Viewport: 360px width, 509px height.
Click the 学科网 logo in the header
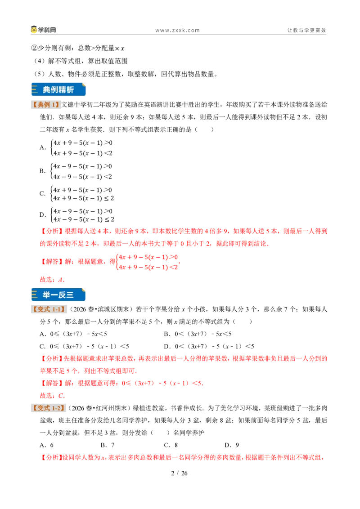click(x=44, y=30)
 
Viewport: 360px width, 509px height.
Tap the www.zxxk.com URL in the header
click(x=177, y=30)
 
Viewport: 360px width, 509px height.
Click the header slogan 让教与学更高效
click(x=306, y=30)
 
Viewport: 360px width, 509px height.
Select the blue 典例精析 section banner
click(x=58, y=89)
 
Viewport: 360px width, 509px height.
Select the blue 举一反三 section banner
click(x=58, y=295)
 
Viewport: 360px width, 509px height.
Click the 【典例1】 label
click(x=46, y=104)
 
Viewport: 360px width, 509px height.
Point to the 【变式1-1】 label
click(x=49, y=309)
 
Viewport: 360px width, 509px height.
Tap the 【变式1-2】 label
click(x=49, y=408)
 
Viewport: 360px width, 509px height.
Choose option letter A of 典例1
click(x=43, y=147)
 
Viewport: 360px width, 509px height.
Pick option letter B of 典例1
click(x=43, y=171)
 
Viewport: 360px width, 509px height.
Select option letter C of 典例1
click(x=43, y=194)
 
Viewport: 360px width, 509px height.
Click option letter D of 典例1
click(x=43, y=214)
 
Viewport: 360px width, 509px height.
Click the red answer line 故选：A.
click(x=52, y=280)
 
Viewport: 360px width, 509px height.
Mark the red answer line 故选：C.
click(x=52, y=396)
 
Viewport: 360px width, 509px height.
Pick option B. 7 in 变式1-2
click(x=108, y=445)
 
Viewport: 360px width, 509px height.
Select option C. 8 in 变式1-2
click(x=171, y=445)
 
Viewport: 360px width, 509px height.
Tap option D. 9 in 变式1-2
click(x=232, y=445)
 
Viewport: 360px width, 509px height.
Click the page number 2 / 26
click(x=180, y=473)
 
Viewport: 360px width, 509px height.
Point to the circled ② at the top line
click(x=35, y=49)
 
